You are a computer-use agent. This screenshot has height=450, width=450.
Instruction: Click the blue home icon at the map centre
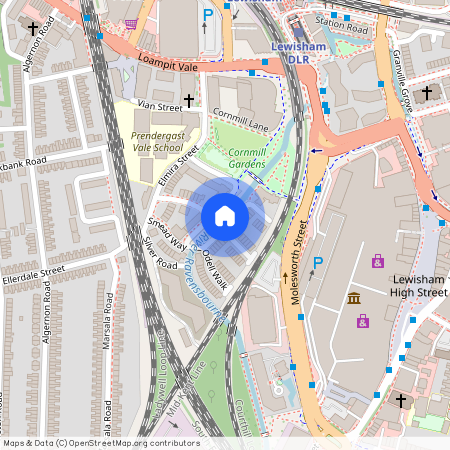click(225, 216)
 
